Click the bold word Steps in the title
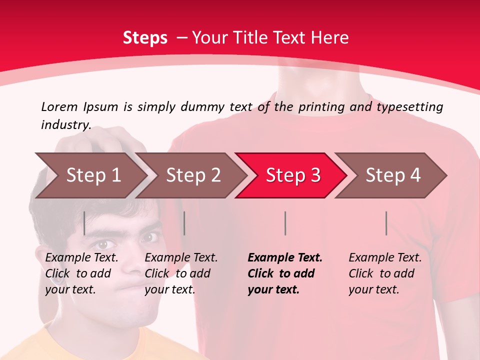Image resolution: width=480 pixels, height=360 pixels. click(x=145, y=37)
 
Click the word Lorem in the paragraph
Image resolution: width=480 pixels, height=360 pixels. click(x=59, y=106)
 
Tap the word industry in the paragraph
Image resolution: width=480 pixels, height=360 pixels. click(x=65, y=124)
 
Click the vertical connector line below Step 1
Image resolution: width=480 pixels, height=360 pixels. click(x=84, y=223)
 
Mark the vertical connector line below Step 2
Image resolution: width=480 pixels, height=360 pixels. click(x=184, y=223)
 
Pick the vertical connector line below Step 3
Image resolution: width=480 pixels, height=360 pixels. click(x=285, y=223)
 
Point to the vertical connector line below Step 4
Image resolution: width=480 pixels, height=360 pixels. click(x=386, y=223)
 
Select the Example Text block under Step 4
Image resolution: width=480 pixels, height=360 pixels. click(x=384, y=273)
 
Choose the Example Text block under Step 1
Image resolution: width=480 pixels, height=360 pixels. click(x=81, y=273)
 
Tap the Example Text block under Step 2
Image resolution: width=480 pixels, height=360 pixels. click(x=180, y=273)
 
